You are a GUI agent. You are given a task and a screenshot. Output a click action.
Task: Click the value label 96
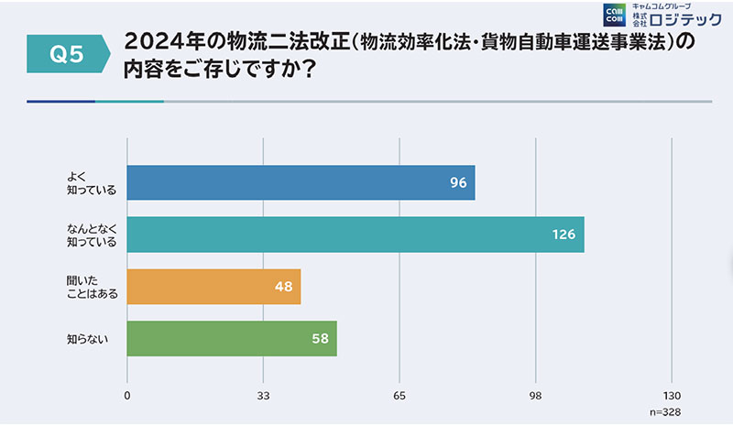coord(458,182)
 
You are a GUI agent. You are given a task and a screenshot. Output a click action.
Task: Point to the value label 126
coord(563,235)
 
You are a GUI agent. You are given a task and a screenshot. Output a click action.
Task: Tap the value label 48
coord(283,287)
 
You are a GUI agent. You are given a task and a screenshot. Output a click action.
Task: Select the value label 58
coord(320,339)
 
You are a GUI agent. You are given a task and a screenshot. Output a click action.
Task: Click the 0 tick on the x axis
coord(126,396)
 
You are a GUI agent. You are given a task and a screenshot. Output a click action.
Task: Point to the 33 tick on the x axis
coord(263,396)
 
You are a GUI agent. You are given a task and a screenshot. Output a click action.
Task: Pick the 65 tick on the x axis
coord(399,396)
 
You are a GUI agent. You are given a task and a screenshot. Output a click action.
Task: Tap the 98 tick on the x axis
coord(537,396)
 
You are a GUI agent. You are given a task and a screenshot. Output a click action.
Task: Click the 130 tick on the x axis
coord(672,396)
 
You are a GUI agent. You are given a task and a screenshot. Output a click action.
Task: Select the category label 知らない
coord(87,339)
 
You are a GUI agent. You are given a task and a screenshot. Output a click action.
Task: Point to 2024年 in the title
coord(161,43)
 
